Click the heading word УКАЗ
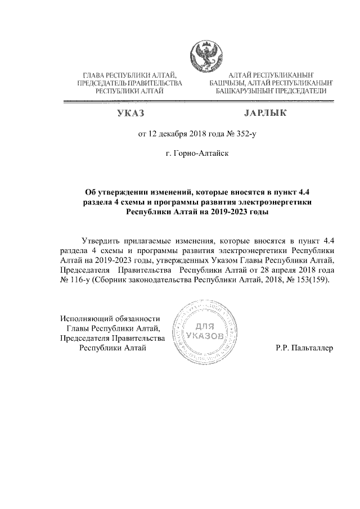(130, 115)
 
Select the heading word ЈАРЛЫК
(265, 115)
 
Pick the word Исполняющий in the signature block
(85, 318)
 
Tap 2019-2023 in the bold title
(229, 212)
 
